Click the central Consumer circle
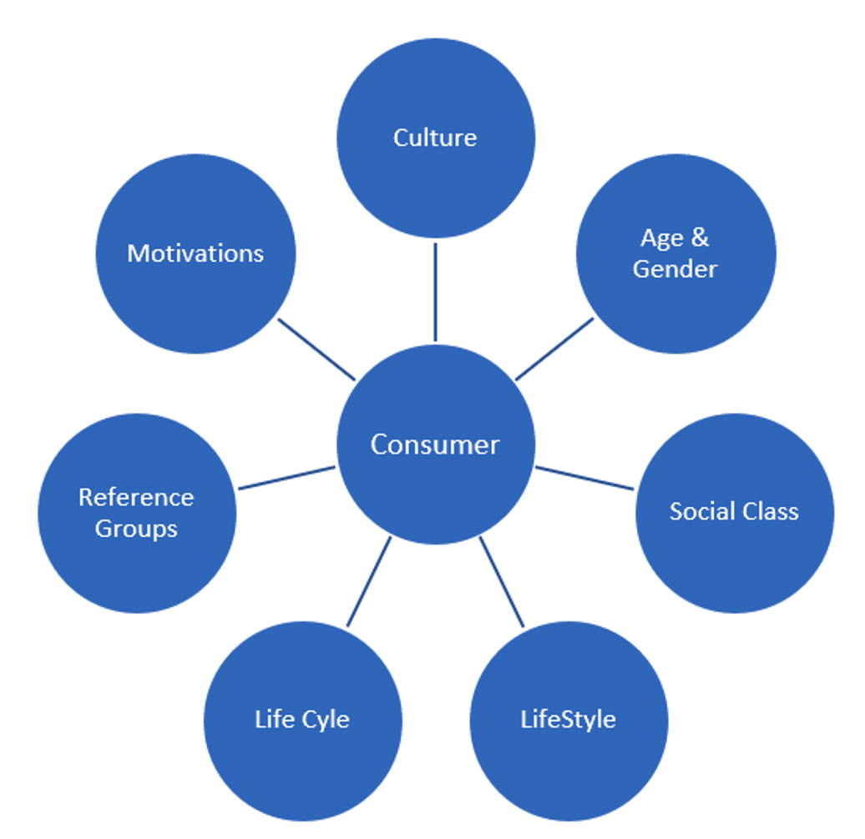coord(435,444)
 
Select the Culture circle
coord(435,138)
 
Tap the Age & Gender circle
coord(675,254)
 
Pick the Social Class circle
coord(734,512)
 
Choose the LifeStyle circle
coord(569,720)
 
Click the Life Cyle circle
coord(302,720)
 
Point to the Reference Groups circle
coord(137,512)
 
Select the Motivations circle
coord(195,254)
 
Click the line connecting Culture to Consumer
coord(435,292)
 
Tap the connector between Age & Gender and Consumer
coord(554,349)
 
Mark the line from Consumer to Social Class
coord(584,478)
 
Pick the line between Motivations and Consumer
coord(316,349)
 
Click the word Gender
coord(675,269)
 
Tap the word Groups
coord(136,529)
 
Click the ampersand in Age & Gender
coord(700,239)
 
